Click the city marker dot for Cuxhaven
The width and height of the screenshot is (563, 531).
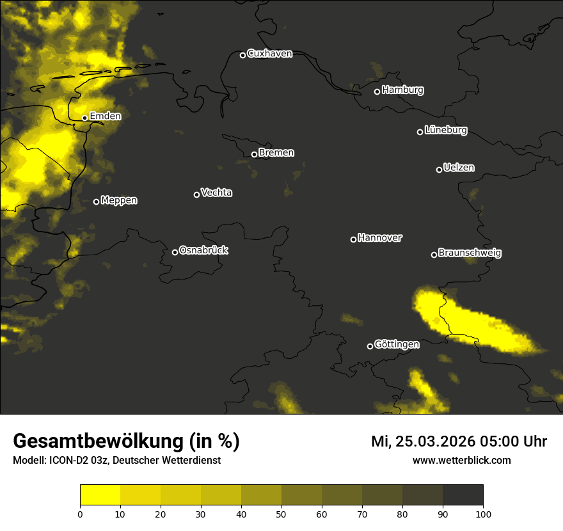click(242, 55)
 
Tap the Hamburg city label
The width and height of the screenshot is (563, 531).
click(402, 90)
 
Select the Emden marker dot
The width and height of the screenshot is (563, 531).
click(84, 118)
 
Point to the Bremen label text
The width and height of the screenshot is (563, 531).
click(276, 153)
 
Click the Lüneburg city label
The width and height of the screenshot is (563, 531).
click(445, 131)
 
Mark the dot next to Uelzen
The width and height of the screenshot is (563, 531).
click(439, 170)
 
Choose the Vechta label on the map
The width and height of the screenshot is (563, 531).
click(216, 193)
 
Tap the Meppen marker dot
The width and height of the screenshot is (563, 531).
click(96, 202)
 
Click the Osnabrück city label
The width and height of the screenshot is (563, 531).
click(203, 250)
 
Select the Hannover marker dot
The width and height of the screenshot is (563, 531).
click(353, 239)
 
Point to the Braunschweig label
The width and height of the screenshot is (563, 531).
click(470, 253)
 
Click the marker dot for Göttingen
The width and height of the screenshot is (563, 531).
click(370, 346)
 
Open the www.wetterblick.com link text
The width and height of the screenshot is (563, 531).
click(461, 461)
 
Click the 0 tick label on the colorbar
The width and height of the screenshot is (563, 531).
click(80, 514)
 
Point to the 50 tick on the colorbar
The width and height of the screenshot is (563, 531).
click(281, 514)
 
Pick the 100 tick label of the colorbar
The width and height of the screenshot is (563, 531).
click(483, 514)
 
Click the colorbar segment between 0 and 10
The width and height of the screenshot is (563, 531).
click(100, 495)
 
